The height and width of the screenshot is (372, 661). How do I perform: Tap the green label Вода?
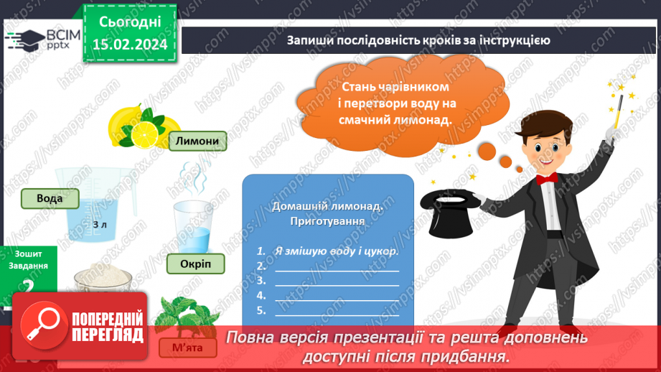[x=50, y=198]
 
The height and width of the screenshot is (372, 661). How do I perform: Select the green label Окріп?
[x=196, y=264]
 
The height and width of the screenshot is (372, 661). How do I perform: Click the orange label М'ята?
[x=187, y=348]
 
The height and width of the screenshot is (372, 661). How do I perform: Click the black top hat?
[x=451, y=213]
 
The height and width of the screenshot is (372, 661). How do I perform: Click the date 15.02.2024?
[x=130, y=45]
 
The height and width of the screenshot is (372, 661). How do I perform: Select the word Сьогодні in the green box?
[x=130, y=22]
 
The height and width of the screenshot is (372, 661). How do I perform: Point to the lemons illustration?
[x=143, y=126]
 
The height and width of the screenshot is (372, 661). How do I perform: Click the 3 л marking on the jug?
[x=99, y=225]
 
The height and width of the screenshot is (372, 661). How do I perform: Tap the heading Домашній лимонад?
[x=327, y=206]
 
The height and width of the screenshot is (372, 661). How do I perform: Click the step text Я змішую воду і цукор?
[x=336, y=251]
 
